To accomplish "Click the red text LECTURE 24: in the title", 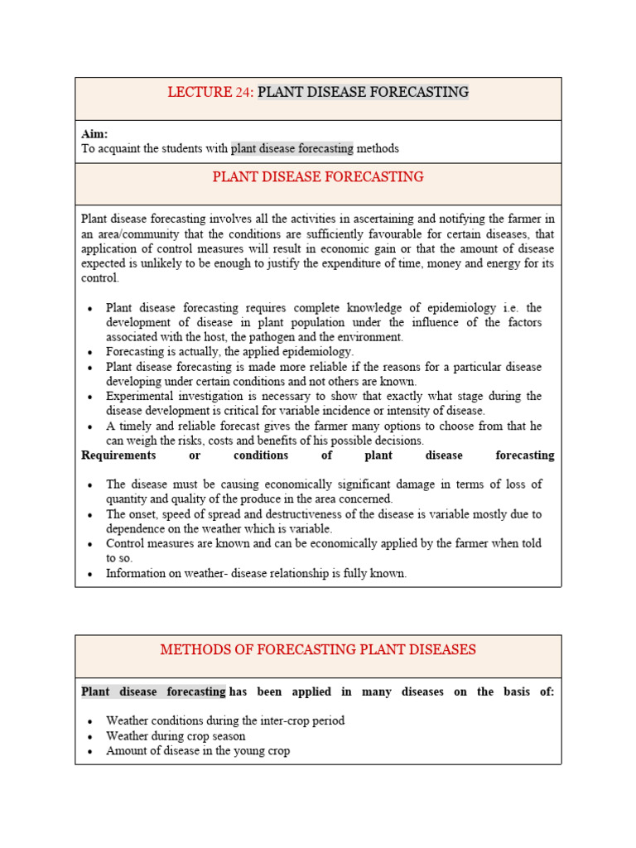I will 210,92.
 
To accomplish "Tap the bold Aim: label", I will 94,134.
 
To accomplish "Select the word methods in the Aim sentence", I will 378,149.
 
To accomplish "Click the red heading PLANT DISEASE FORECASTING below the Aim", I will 318,176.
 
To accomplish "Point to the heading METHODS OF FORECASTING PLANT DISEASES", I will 318,649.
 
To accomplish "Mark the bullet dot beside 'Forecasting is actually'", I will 89,353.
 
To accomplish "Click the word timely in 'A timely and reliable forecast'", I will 133,426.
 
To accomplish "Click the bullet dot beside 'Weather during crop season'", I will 89,736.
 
